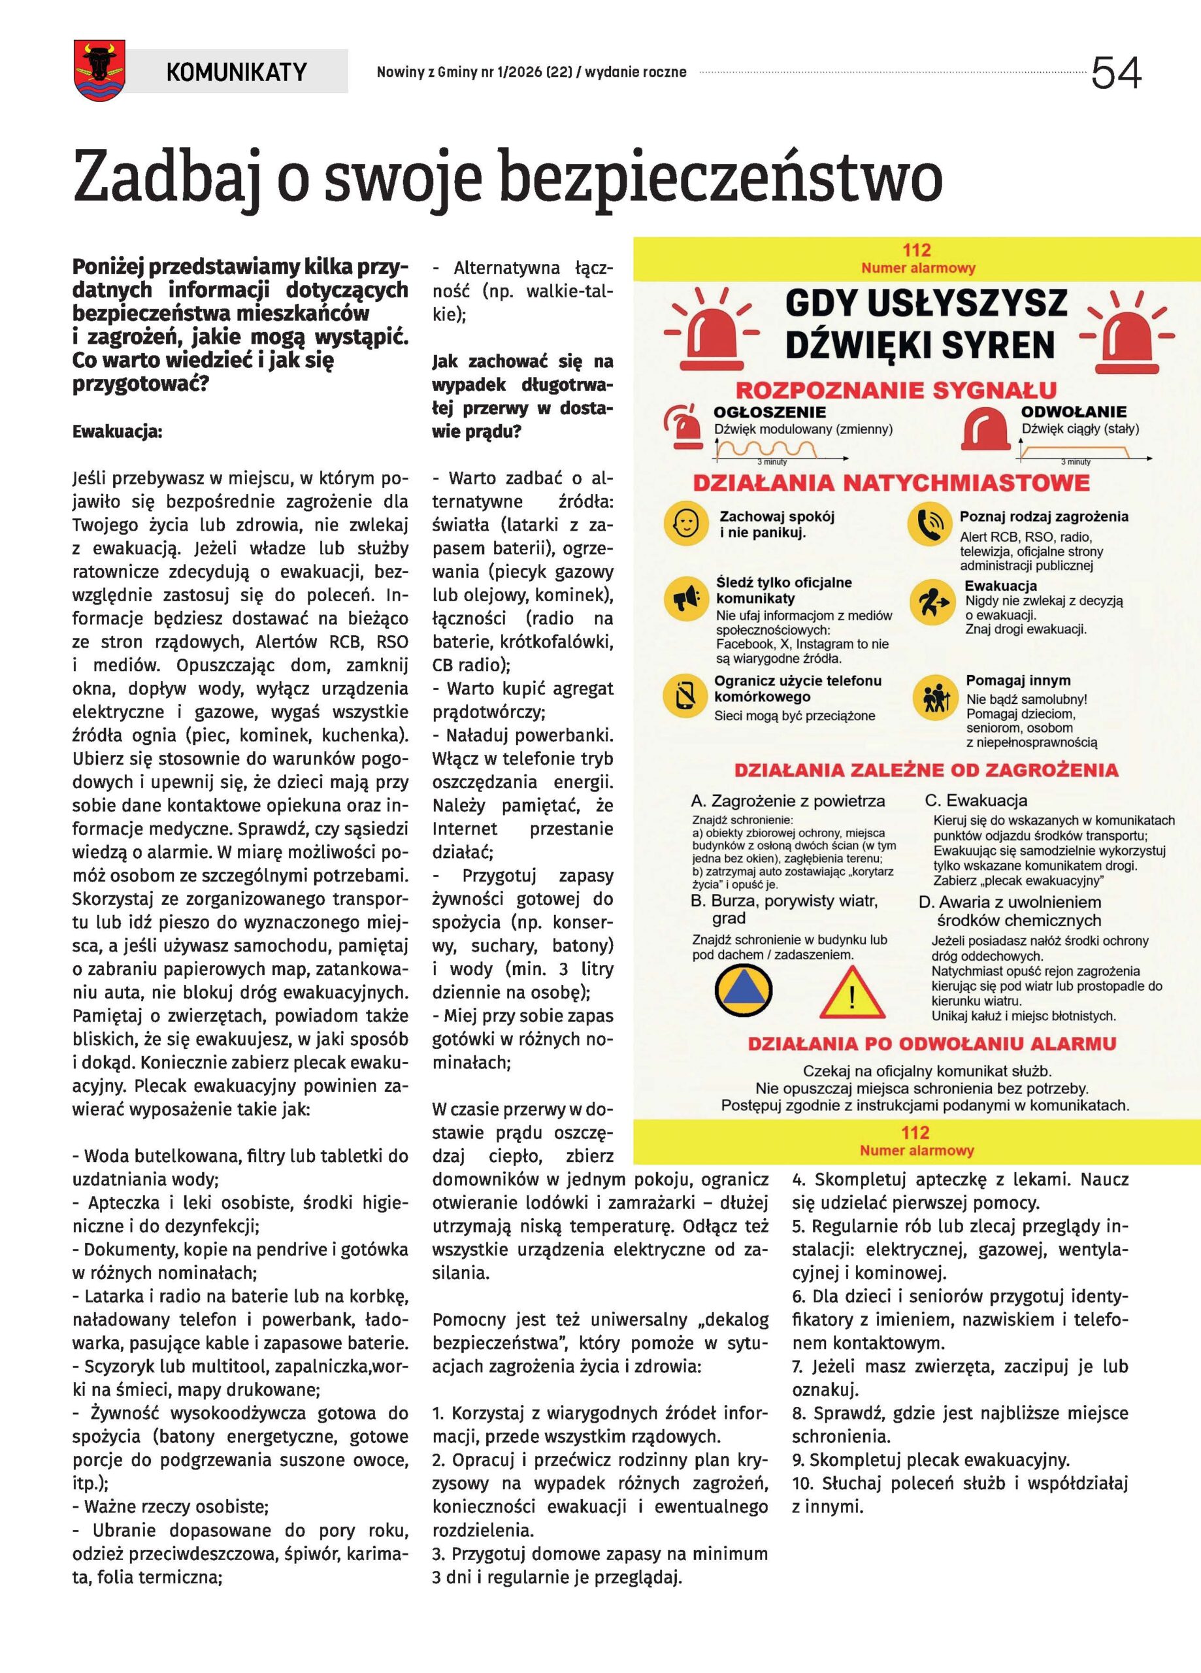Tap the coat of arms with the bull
pos(99,70)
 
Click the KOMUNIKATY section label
pos(236,71)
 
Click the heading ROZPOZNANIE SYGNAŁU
pos(896,390)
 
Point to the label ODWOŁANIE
pos(1074,412)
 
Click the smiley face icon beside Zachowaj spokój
pos(686,523)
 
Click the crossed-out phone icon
pos(686,695)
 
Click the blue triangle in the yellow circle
pos(744,990)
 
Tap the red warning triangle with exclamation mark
pos(853,993)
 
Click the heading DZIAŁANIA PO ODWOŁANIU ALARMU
pos(932,1044)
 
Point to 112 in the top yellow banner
pos(917,250)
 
